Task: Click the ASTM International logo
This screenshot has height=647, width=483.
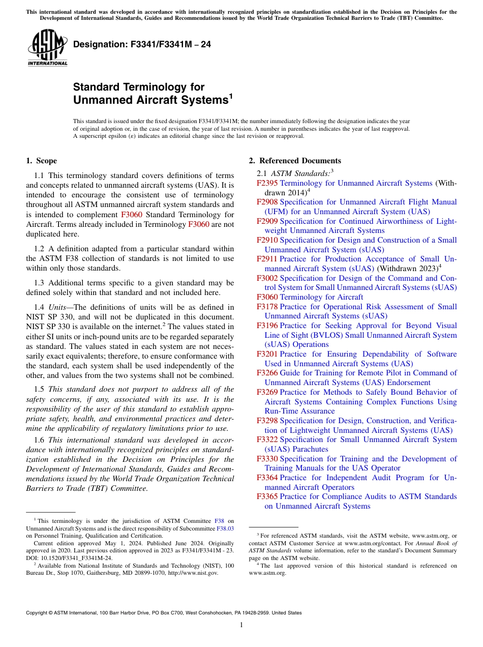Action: tap(47, 48)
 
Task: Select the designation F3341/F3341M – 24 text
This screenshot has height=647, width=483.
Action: tap(142, 45)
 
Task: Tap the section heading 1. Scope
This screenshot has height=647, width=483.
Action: tap(41, 161)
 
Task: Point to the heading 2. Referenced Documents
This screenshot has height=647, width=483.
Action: tap(294, 161)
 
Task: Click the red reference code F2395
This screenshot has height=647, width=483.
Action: tap(267, 183)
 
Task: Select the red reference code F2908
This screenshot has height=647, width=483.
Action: tap(267, 202)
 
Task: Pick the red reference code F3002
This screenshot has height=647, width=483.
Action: tap(267, 278)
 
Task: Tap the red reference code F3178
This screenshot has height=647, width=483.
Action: tap(267, 307)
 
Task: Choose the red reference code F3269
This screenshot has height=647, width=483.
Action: tap(267, 392)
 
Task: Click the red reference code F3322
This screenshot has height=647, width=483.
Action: tap(267, 439)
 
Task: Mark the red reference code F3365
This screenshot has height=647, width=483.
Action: tap(267, 496)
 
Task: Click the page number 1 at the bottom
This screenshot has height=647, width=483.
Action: tap(242, 625)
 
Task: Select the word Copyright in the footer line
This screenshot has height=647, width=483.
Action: tap(38, 613)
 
